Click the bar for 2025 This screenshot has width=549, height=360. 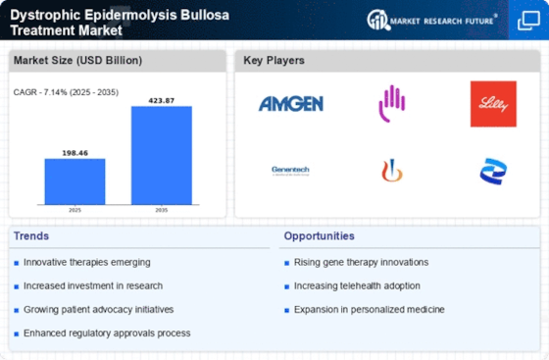(x=75, y=181)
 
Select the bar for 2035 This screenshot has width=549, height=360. (x=162, y=155)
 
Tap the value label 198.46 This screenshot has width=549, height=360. (x=75, y=153)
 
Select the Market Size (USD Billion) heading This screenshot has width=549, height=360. (x=76, y=61)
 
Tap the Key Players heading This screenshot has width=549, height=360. (x=274, y=61)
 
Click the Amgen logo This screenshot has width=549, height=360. (x=291, y=104)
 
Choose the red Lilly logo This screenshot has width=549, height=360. (x=493, y=104)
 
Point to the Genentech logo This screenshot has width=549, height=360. (x=291, y=170)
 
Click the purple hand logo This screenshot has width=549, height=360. (x=392, y=102)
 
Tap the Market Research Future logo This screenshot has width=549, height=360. (x=429, y=20)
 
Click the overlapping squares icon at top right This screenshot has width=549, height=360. (x=527, y=20)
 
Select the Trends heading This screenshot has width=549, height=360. (x=33, y=236)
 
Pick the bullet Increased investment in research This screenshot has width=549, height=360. (x=93, y=285)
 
